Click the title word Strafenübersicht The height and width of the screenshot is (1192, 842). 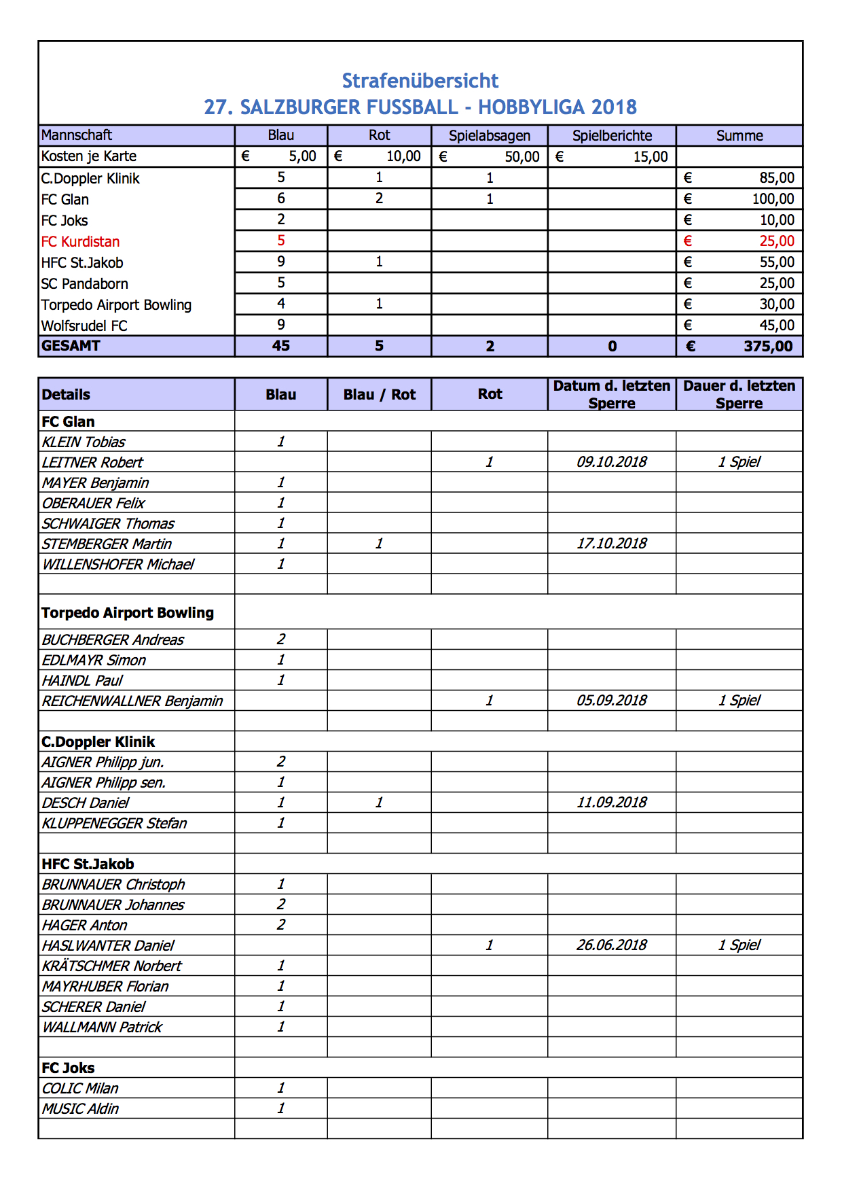tap(420, 81)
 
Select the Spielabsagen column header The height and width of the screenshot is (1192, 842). tap(489, 135)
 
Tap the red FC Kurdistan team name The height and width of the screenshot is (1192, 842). tap(80, 241)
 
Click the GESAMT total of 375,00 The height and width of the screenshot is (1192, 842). tap(767, 346)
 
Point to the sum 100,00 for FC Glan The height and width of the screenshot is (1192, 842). tap(772, 199)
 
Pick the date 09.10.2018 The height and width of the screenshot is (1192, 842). tap(611, 462)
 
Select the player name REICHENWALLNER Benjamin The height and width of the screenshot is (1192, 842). tap(132, 701)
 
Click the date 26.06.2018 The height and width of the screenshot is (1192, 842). tap(611, 945)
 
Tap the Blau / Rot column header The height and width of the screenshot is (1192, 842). tap(379, 395)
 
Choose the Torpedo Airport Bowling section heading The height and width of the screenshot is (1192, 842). tap(128, 612)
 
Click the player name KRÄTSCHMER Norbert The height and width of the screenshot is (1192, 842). tap(112, 966)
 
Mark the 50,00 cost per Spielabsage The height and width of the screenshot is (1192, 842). tap(521, 157)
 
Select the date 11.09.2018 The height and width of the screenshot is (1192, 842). tap(611, 802)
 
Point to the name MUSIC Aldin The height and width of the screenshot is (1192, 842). tap(80, 1108)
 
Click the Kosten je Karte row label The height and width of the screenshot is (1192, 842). tap(89, 156)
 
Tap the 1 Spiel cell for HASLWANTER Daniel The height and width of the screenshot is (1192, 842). tap(739, 945)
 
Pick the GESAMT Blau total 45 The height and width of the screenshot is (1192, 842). tap(280, 346)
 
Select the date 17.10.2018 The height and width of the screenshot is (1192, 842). tap(611, 544)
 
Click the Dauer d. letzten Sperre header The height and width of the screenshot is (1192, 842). tap(739, 394)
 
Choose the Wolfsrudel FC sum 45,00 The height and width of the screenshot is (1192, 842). tap(776, 326)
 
